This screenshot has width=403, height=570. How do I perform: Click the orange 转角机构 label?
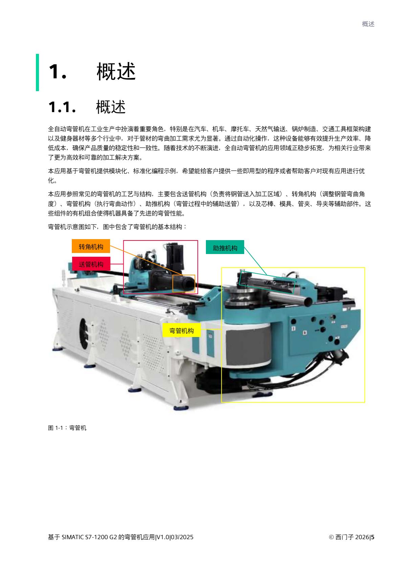(x=91, y=246)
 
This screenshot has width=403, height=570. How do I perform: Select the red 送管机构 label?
(x=91, y=264)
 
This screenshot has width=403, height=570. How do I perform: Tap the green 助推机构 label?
(x=225, y=248)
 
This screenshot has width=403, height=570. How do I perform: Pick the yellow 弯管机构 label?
(x=182, y=331)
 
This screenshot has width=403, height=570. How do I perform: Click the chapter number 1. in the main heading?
(x=57, y=72)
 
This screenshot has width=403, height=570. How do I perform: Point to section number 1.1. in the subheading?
(x=62, y=108)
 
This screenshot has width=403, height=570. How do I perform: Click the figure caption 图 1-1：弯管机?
(x=67, y=428)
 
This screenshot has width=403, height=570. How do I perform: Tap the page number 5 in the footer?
(x=373, y=537)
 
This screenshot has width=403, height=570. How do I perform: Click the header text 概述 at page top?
(x=368, y=24)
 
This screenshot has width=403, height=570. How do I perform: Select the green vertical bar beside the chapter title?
(x=38, y=72)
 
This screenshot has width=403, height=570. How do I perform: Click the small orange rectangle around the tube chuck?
(x=184, y=283)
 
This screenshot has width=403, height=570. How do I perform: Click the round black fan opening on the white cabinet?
(x=84, y=333)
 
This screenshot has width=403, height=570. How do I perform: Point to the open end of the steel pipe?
(x=307, y=301)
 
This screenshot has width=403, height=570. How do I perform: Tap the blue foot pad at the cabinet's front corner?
(x=180, y=407)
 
